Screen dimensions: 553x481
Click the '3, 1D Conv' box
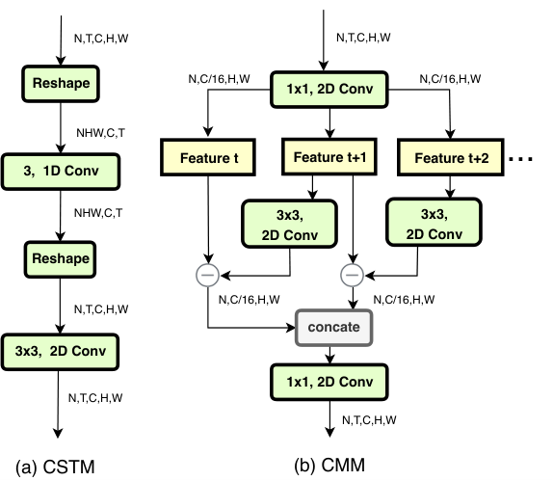click(61, 172)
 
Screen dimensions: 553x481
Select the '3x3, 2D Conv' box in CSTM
click(60, 352)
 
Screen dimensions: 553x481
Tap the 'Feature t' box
click(208, 157)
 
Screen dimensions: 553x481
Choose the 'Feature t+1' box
click(329, 157)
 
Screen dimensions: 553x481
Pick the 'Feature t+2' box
click(451, 157)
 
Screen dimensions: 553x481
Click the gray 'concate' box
click(333, 328)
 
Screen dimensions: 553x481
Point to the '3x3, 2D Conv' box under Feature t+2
click(434, 223)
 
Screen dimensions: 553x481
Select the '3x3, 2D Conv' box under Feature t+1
click(289, 224)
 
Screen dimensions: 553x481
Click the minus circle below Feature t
click(208, 275)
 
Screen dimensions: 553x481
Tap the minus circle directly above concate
click(353, 275)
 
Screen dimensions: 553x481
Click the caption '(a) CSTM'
click(55, 467)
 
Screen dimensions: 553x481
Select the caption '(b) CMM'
click(329, 466)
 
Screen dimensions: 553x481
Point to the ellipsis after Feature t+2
click(520, 159)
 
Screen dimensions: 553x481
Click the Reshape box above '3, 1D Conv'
click(61, 84)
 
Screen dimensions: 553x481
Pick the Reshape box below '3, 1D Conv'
click(60, 259)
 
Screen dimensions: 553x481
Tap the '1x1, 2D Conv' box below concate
click(329, 382)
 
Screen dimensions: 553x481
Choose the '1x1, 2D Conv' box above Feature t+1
click(329, 90)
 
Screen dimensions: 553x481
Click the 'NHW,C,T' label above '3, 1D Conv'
click(100, 133)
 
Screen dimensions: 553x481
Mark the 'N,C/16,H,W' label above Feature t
click(219, 79)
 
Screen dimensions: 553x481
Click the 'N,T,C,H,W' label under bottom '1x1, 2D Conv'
click(369, 420)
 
